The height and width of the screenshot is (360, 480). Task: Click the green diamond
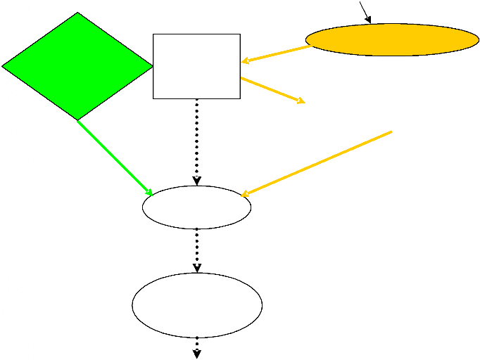coord(77,66)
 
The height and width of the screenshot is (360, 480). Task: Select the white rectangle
coord(196,66)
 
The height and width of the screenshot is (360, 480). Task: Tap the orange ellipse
coord(392,40)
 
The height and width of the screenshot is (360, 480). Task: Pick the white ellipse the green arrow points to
coord(196,207)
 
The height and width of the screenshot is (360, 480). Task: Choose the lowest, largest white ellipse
coord(197,305)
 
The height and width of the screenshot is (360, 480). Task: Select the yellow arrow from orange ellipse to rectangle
coord(276,54)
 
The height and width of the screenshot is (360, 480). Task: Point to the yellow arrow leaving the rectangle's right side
coord(272,90)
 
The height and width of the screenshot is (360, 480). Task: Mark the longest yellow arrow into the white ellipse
coord(317,162)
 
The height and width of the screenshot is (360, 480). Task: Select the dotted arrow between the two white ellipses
coord(197,250)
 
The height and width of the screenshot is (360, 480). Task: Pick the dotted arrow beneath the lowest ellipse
coord(197,347)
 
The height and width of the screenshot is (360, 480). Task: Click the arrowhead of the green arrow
coord(150,192)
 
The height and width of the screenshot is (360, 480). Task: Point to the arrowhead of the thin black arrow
coord(369,20)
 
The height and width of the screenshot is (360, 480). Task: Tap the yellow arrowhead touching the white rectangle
coord(244,61)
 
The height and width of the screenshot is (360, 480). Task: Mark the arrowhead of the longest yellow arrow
coord(245,194)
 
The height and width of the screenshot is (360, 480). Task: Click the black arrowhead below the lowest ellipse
coord(197,354)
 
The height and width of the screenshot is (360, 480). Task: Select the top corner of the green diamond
coord(78,13)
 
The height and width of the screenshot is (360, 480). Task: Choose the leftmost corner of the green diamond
coord(3,67)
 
